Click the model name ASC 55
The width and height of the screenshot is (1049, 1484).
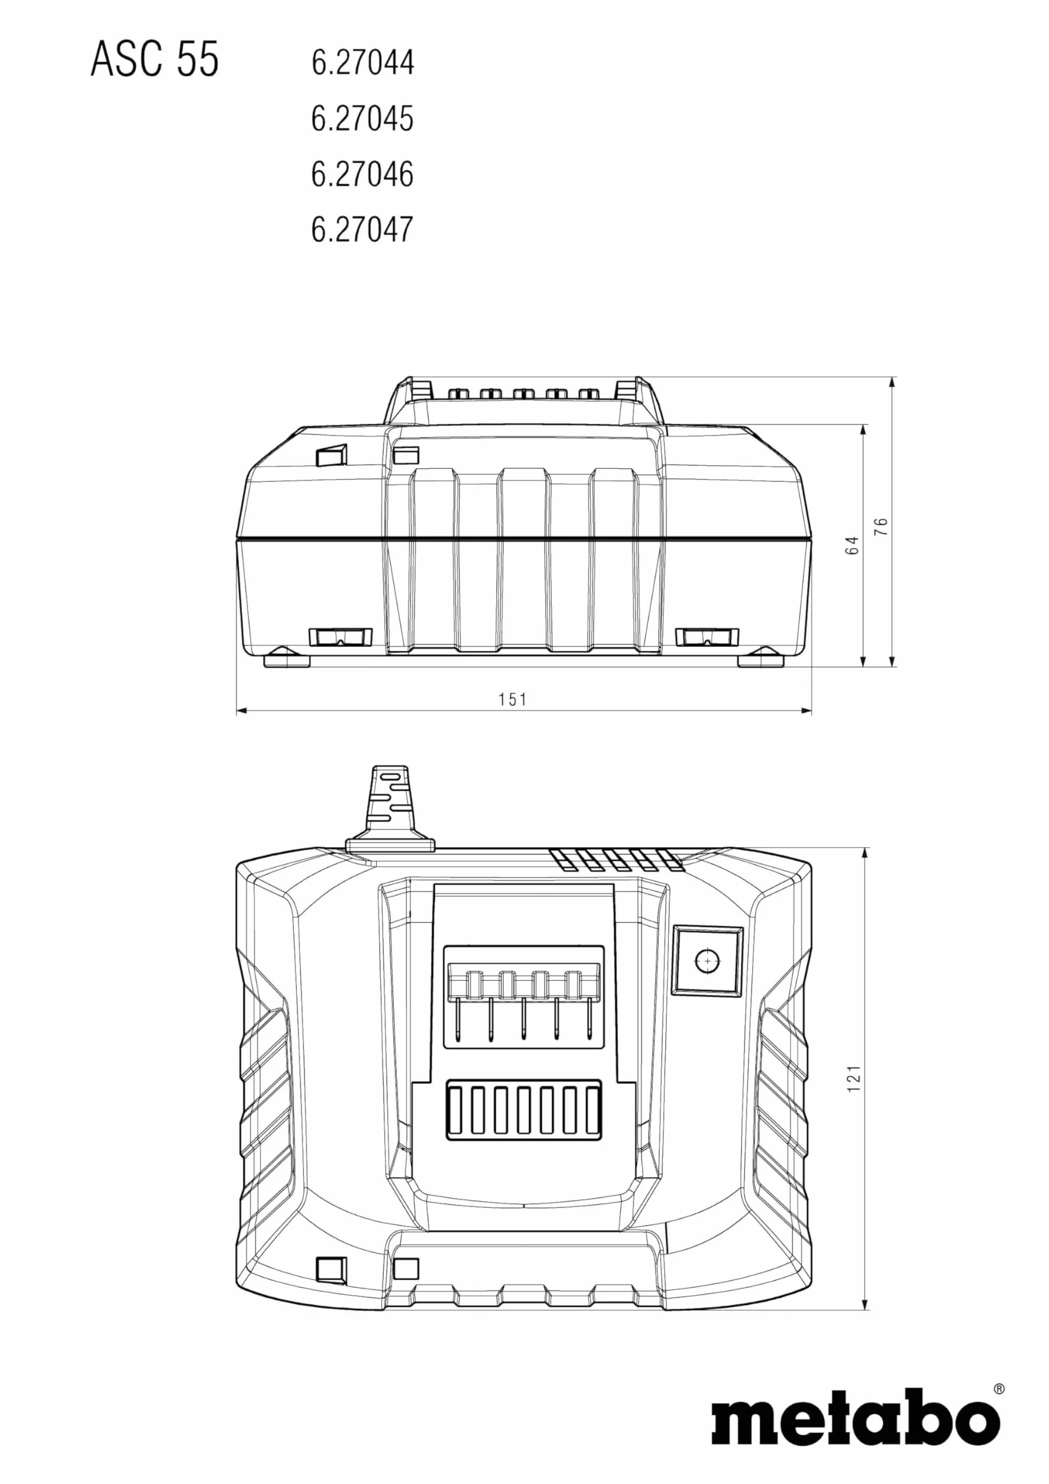click(x=154, y=59)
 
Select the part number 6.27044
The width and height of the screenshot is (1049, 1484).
click(x=362, y=63)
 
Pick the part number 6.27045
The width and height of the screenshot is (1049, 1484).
click(x=362, y=119)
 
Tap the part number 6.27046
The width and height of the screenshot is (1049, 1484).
click(x=362, y=174)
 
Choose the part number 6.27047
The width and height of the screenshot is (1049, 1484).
click(x=362, y=229)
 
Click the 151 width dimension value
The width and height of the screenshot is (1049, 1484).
click(x=513, y=699)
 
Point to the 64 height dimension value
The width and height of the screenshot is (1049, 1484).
click(x=853, y=545)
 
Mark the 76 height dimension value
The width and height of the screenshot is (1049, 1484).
click(x=881, y=526)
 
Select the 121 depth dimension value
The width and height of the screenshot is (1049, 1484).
click(x=853, y=1079)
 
